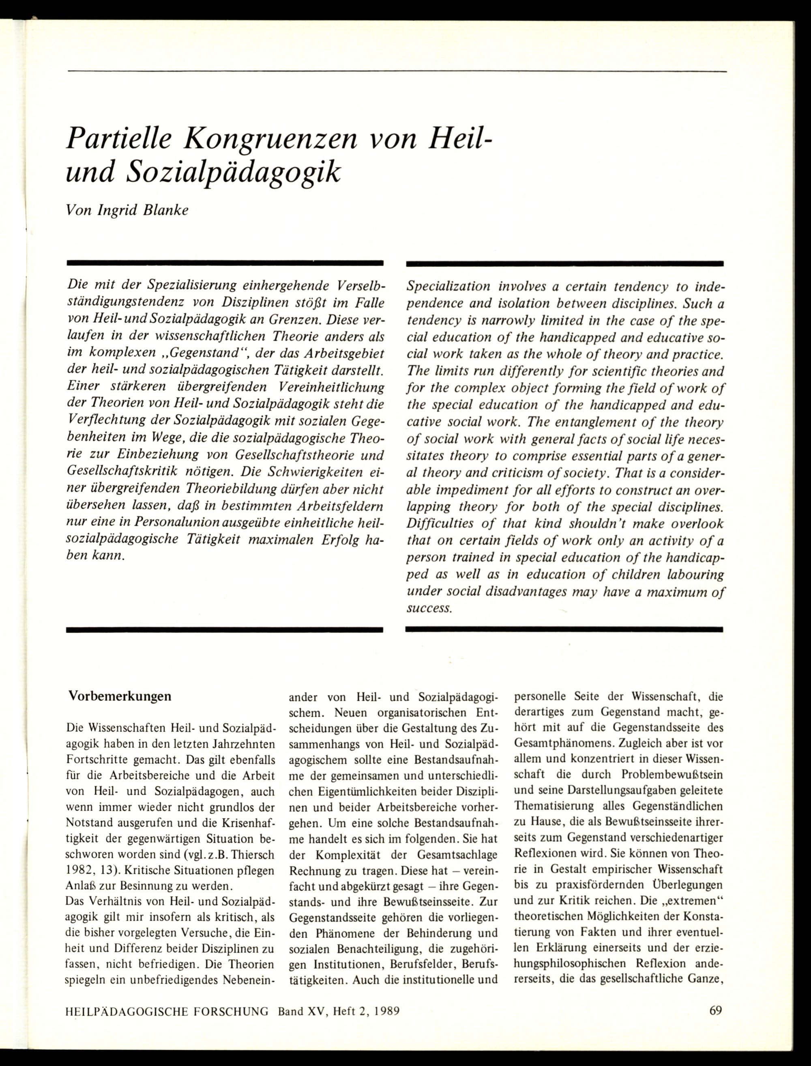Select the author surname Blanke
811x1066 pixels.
165,211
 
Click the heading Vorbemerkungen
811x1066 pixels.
120,696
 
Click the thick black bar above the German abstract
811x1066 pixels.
225,264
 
